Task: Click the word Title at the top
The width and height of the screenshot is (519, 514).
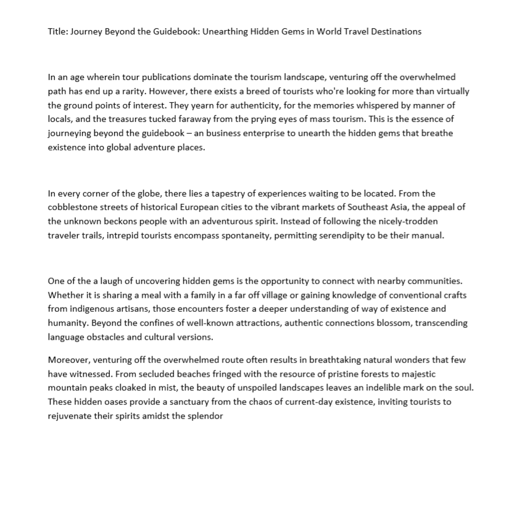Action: pyautogui.click(x=58, y=31)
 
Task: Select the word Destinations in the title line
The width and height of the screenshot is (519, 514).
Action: pyautogui.click(x=396, y=31)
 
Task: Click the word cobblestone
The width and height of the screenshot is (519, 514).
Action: pyautogui.click(x=73, y=207)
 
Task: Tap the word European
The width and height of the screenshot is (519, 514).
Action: pyautogui.click(x=215, y=207)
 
